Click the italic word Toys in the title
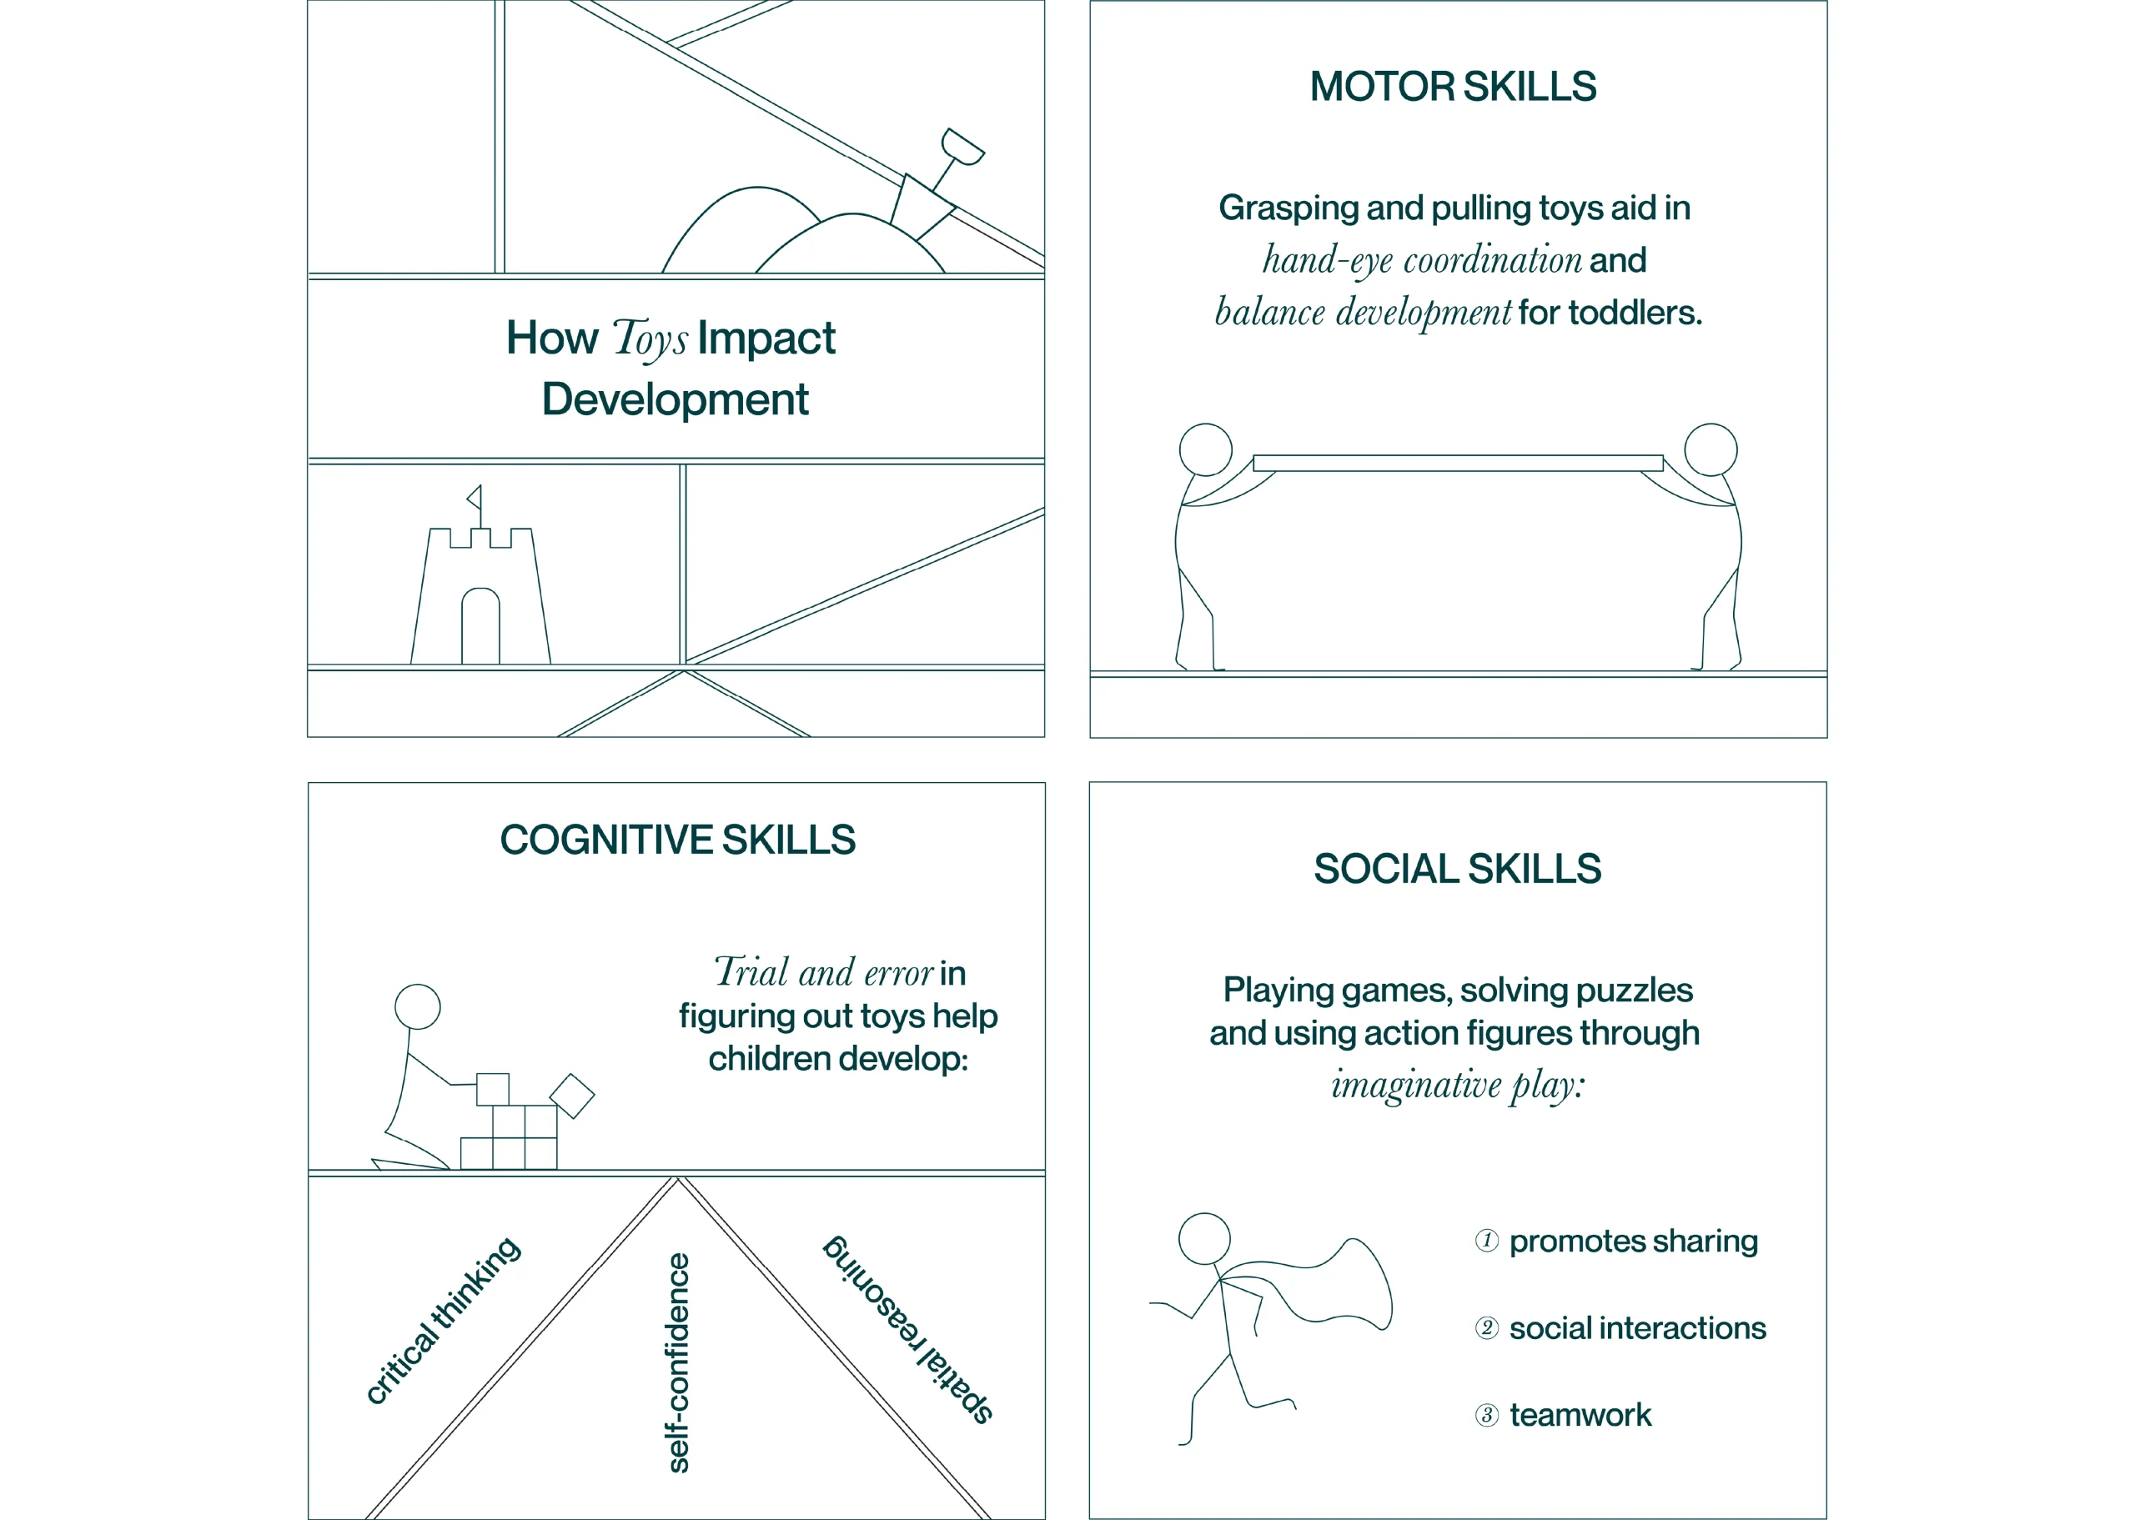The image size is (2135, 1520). [651, 339]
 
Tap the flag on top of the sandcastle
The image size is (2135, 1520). [475, 497]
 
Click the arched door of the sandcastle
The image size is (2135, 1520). [480, 625]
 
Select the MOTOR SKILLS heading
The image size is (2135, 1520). [1453, 86]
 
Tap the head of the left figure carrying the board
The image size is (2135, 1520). [1206, 449]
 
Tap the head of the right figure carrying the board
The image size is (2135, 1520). [1711, 449]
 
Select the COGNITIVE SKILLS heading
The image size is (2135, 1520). [678, 840]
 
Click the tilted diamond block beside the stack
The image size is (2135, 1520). [572, 1096]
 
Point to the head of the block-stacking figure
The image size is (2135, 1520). [418, 1007]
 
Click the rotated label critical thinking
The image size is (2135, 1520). [443, 1320]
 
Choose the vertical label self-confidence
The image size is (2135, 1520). [678, 1362]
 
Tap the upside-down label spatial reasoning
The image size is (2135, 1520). [908, 1329]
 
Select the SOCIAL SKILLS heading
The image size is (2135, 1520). [1457, 869]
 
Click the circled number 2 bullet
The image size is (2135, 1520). [1486, 1327]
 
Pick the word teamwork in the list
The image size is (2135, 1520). [1581, 1414]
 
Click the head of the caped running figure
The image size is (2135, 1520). [1204, 1239]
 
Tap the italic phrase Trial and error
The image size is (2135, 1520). [824, 972]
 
